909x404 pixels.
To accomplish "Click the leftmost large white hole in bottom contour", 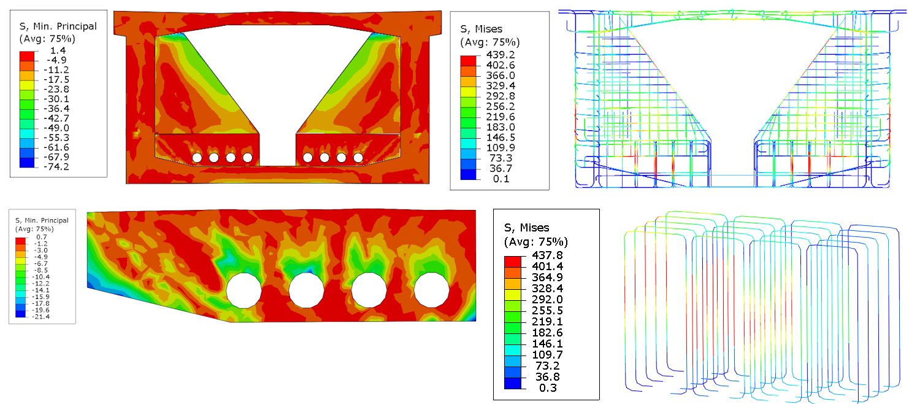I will tap(244, 290).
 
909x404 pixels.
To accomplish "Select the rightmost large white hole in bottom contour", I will tap(431, 290).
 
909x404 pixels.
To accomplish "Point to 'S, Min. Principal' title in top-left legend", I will tap(59, 26).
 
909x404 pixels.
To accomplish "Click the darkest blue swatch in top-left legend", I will tap(27, 163).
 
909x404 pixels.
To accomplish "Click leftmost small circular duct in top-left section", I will tap(197, 158).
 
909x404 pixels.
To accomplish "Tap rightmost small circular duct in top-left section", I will tap(358, 158).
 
